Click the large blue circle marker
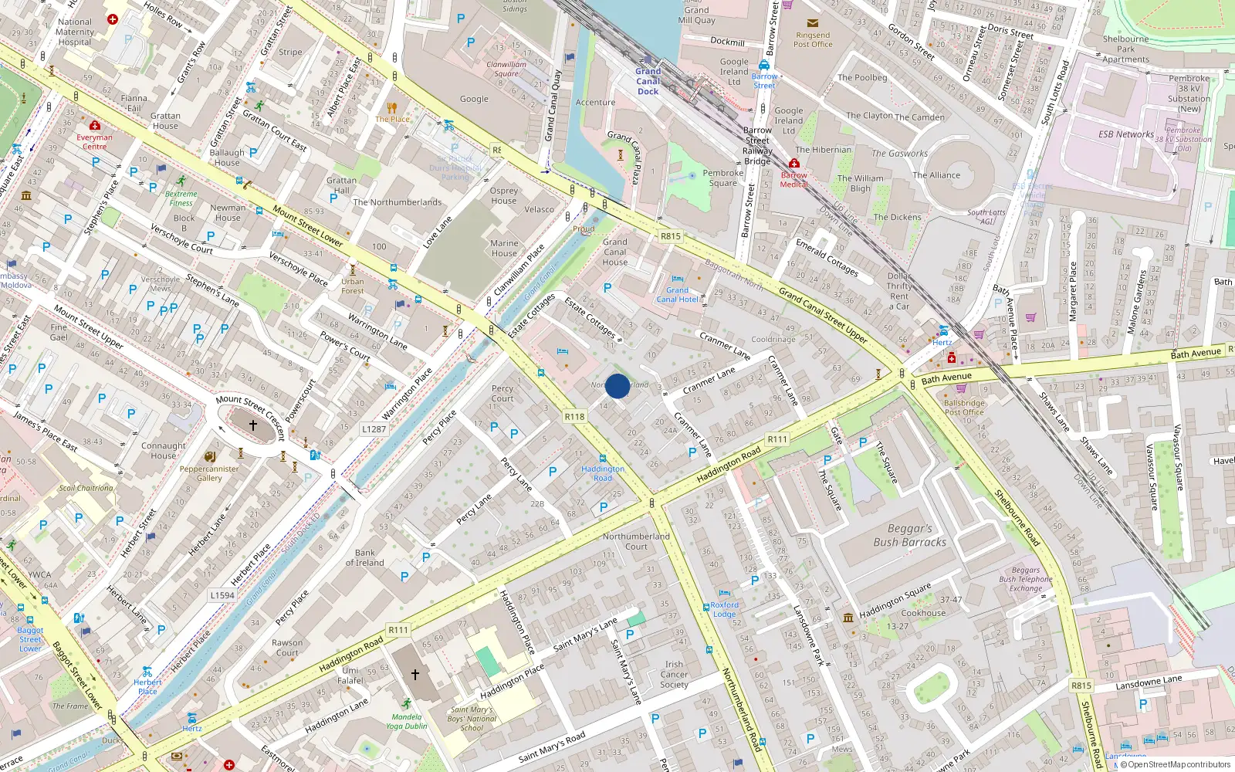[x=617, y=386]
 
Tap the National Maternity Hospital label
[x=75, y=32]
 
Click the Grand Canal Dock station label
[x=648, y=81]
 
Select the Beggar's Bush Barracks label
[x=909, y=536]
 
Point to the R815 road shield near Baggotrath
[x=671, y=236]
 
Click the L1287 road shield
[x=374, y=429]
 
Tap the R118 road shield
[x=574, y=416]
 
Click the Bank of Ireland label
[x=365, y=557]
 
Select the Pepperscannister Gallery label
[x=209, y=473]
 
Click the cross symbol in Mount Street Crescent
[x=252, y=425]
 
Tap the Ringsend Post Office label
[x=813, y=39]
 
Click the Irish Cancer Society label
[x=674, y=674]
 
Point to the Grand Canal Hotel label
[x=677, y=294]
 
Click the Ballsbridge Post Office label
[x=964, y=408]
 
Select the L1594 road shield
[x=222, y=595]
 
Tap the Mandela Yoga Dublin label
[x=406, y=721]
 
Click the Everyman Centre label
[x=94, y=142]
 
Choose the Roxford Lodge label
[x=724, y=610]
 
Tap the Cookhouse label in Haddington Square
[x=923, y=613]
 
